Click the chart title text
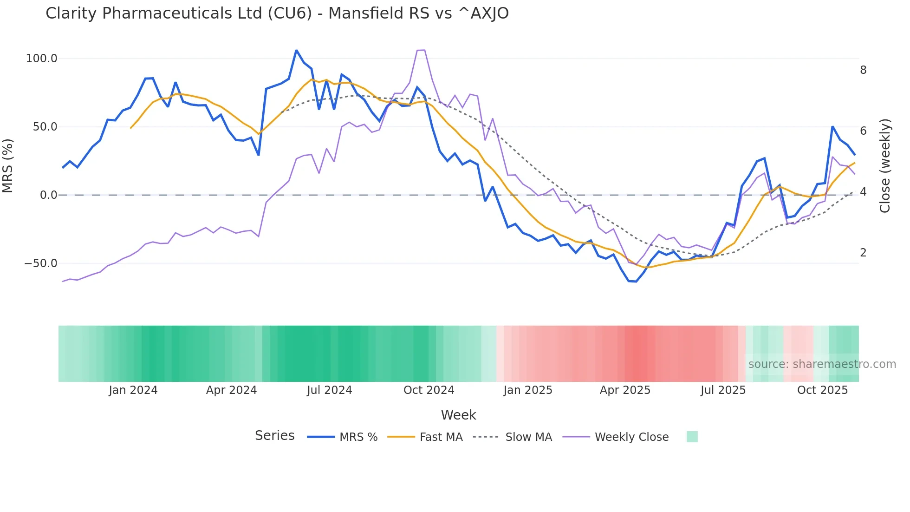coord(277,13)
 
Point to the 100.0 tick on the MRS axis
coord(41,59)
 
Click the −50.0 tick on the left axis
coord(40,263)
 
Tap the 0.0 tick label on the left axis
coord(48,195)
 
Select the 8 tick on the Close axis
coord(863,70)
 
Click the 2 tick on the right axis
coord(863,253)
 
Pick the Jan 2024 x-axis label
coord(133,390)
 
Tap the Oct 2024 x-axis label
coord(429,390)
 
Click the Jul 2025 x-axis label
coord(723,390)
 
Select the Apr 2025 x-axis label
coord(625,390)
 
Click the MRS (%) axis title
coord(8,165)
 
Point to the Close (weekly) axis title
coord(885,165)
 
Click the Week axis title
coord(458,415)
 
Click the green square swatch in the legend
coord(692,437)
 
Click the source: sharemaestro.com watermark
coord(822,364)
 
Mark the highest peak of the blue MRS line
coord(296,50)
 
